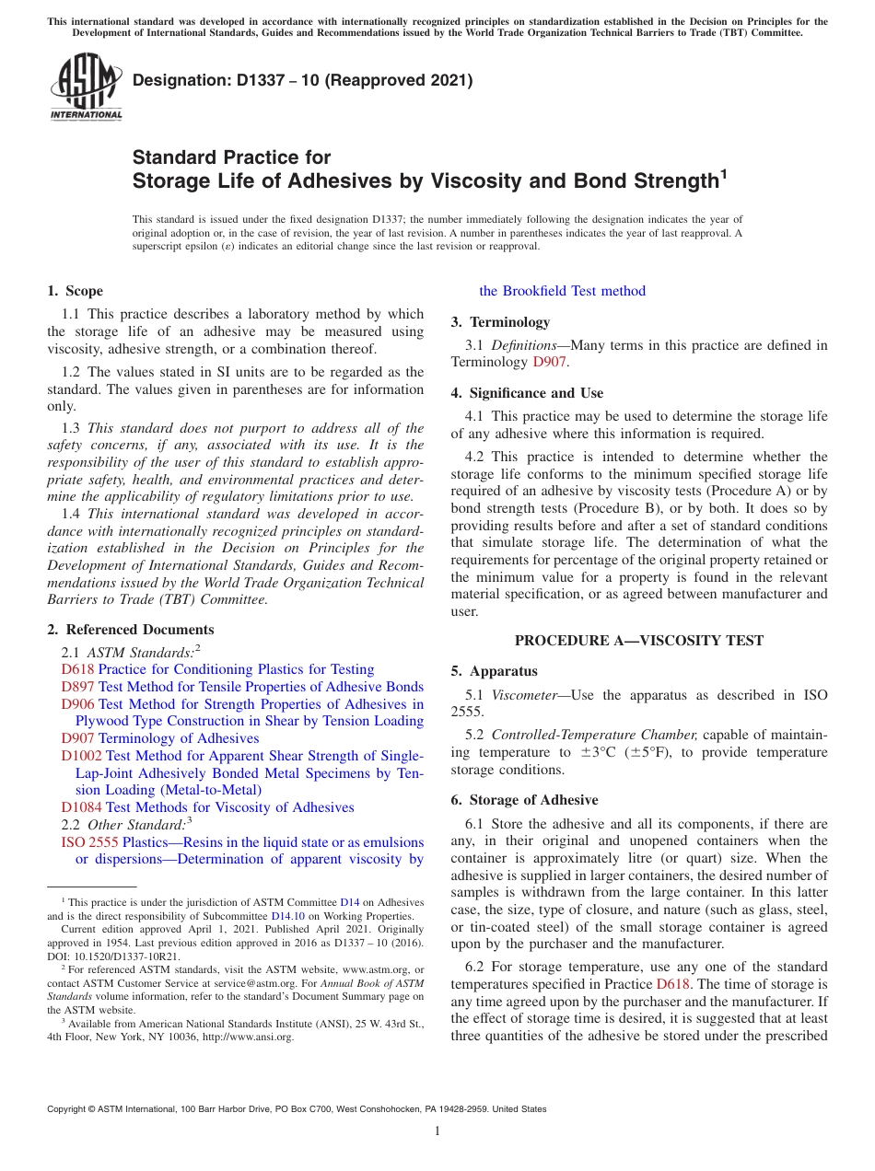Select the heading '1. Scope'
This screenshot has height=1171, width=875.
[75, 291]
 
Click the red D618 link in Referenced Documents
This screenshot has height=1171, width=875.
[77, 669]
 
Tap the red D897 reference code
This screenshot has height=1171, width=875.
[77, 687]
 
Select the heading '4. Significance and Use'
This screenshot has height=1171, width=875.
[527, 393]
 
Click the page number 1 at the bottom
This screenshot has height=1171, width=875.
[437, 1131]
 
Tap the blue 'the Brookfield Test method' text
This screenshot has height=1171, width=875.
[562, 291]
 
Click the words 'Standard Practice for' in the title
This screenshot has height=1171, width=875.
[231, 157]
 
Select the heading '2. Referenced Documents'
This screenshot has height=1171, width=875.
[130, 630]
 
